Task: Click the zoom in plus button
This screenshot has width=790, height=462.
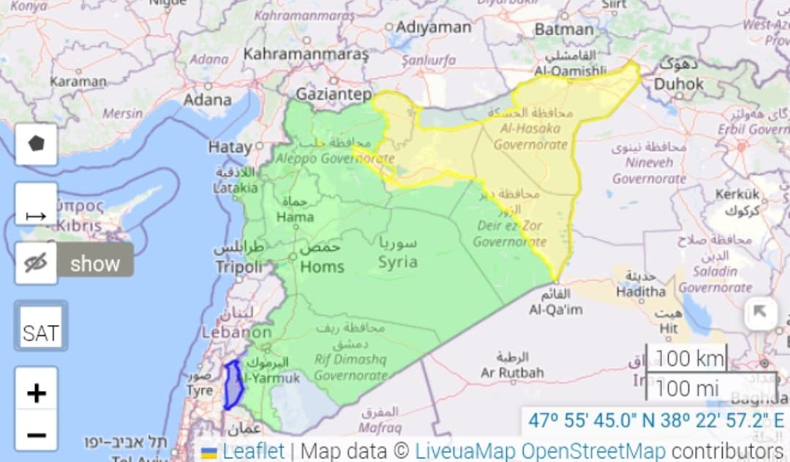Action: pos(36,393)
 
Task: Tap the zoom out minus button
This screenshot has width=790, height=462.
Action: pos(36,436)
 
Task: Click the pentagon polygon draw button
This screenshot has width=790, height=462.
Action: pos(36,144)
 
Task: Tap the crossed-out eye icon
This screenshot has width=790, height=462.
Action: pos(36,262)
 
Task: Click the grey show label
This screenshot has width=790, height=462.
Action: pos(95,263)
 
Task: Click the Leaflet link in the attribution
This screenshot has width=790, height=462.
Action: pos(252,451)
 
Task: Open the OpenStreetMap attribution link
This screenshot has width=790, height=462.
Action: pos(593,451)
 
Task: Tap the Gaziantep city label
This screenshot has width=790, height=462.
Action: pos(334,94)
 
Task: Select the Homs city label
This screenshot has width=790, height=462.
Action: pos(321,267)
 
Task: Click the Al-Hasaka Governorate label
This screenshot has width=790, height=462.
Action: pos(530,136)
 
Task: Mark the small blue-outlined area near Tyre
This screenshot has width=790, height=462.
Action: pos(233,384)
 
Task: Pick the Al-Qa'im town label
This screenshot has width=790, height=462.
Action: pos(556,310)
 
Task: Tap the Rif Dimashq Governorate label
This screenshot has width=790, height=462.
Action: pos(350,368)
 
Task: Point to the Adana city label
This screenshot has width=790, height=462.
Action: pos(208,98)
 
